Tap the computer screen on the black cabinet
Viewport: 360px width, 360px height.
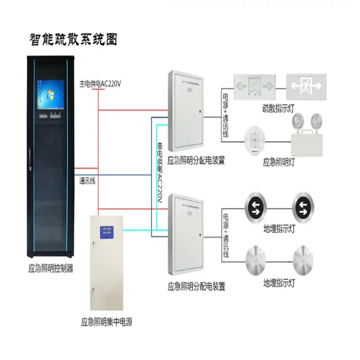[x=50, y=95]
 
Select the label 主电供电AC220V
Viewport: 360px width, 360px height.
[x=100, y=83]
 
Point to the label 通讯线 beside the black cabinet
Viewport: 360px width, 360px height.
[x=87, y=181]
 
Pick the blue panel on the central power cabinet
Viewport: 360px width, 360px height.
[x=106, y=232]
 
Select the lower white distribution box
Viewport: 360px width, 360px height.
[x=186, y=233]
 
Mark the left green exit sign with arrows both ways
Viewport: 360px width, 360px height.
[x=254, y=86]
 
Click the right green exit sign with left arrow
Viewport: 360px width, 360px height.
[x=306, y=86]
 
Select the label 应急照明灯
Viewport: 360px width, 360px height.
[x=279, y=162]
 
